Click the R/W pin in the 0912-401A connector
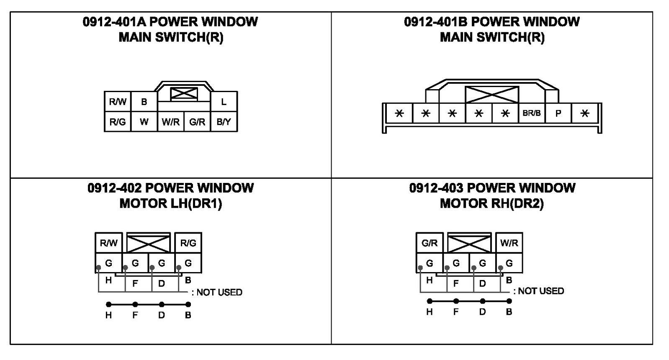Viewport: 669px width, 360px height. [118, 102]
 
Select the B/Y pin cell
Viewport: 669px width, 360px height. [224, 122]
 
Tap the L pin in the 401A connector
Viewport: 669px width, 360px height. [224, 102]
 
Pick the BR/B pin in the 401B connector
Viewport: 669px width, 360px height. [532, 113]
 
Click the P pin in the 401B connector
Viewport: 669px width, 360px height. [558, 113]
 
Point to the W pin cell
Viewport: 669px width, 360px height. [144, 122]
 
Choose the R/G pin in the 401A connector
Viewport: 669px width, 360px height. [118, 122]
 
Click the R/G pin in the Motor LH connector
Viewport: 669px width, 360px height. [188, 243]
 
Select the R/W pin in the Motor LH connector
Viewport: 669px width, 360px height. [109, 243]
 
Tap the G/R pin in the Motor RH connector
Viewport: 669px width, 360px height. [430, 243]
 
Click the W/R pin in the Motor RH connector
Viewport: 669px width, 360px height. [509, 243]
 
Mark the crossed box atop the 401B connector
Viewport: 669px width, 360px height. [492, 95]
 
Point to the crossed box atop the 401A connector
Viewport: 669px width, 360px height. [184, 94]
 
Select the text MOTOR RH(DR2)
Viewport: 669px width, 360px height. [491, 204]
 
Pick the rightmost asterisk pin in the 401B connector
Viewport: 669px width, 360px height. [585, 113]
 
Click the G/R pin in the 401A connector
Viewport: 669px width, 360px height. [197, 122]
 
